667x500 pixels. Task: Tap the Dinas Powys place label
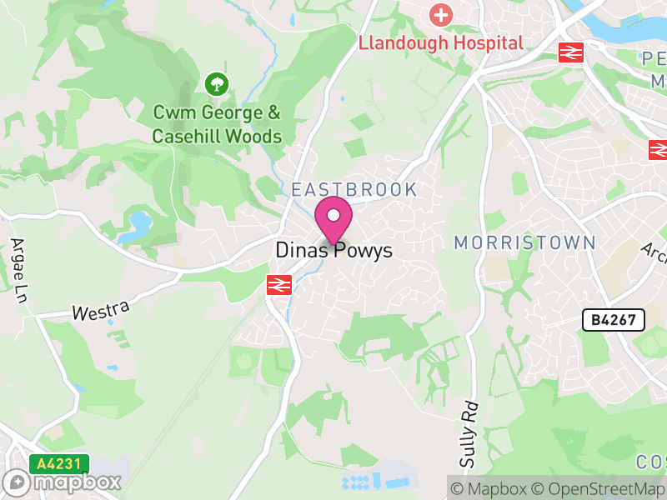click(x=333, y=251)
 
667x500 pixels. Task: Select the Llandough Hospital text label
click(x=441, y=42)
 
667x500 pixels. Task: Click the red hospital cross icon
click(x=439, y=14)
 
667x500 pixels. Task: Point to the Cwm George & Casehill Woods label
click(x=217, y=124)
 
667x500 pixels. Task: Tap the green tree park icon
click(x=217, y=83)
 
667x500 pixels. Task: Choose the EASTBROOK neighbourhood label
click(x=354, y=189)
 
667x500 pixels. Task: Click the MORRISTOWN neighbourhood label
click(x=524, y=242)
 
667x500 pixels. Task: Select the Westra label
click(x=101, y=311)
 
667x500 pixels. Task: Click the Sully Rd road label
click(x=469, y=434)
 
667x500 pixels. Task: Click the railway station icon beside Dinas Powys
click(x=277, y=286)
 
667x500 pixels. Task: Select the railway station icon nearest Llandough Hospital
click(x=571, y=52)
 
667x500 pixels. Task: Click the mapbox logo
click(x=63, y=482)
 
